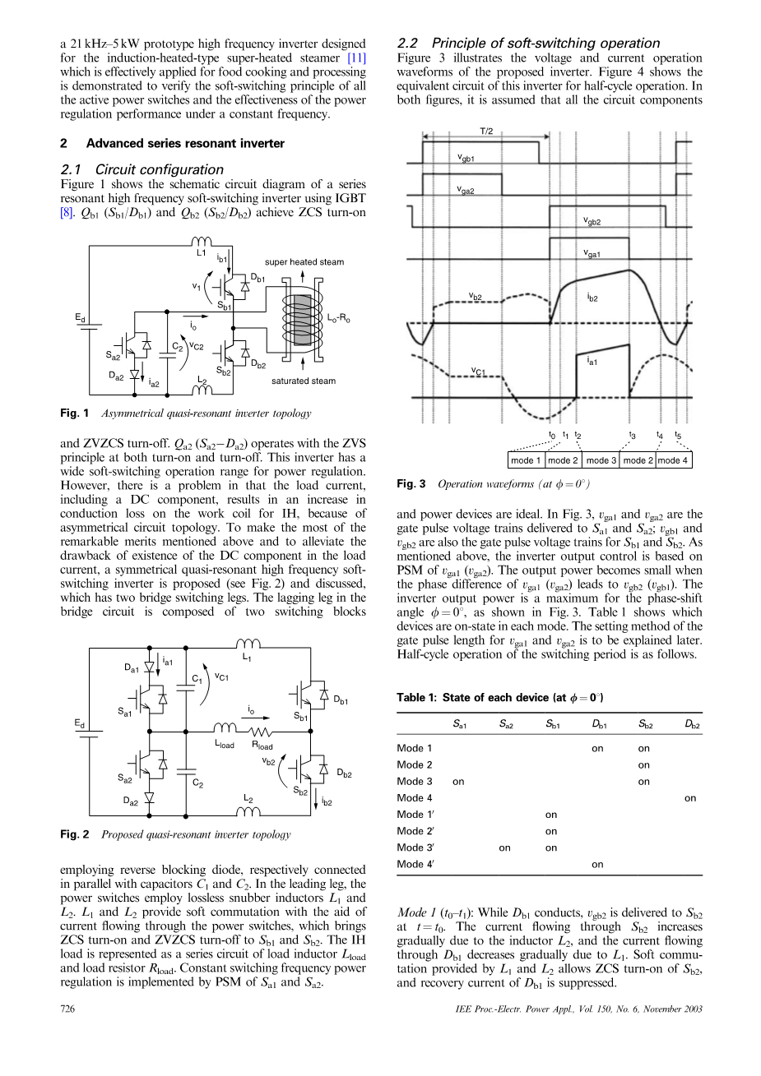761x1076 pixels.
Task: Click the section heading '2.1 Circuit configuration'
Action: [142, 169]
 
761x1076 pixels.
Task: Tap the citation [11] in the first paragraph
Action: [356, 58]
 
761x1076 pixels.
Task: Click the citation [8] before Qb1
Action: [68, 210]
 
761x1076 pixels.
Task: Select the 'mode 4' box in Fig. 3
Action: [673, 460]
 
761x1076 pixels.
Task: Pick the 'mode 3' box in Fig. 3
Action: [601, 460]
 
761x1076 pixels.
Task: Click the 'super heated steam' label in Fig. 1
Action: [304, 262]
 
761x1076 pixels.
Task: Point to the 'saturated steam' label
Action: [304, 381]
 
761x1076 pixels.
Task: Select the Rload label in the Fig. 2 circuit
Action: [262, 746]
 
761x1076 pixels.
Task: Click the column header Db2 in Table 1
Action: [692, 725]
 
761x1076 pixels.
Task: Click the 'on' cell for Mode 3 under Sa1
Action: [459, 782]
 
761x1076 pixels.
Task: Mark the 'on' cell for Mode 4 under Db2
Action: [690, 798]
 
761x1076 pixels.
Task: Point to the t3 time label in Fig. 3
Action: [632, 436]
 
